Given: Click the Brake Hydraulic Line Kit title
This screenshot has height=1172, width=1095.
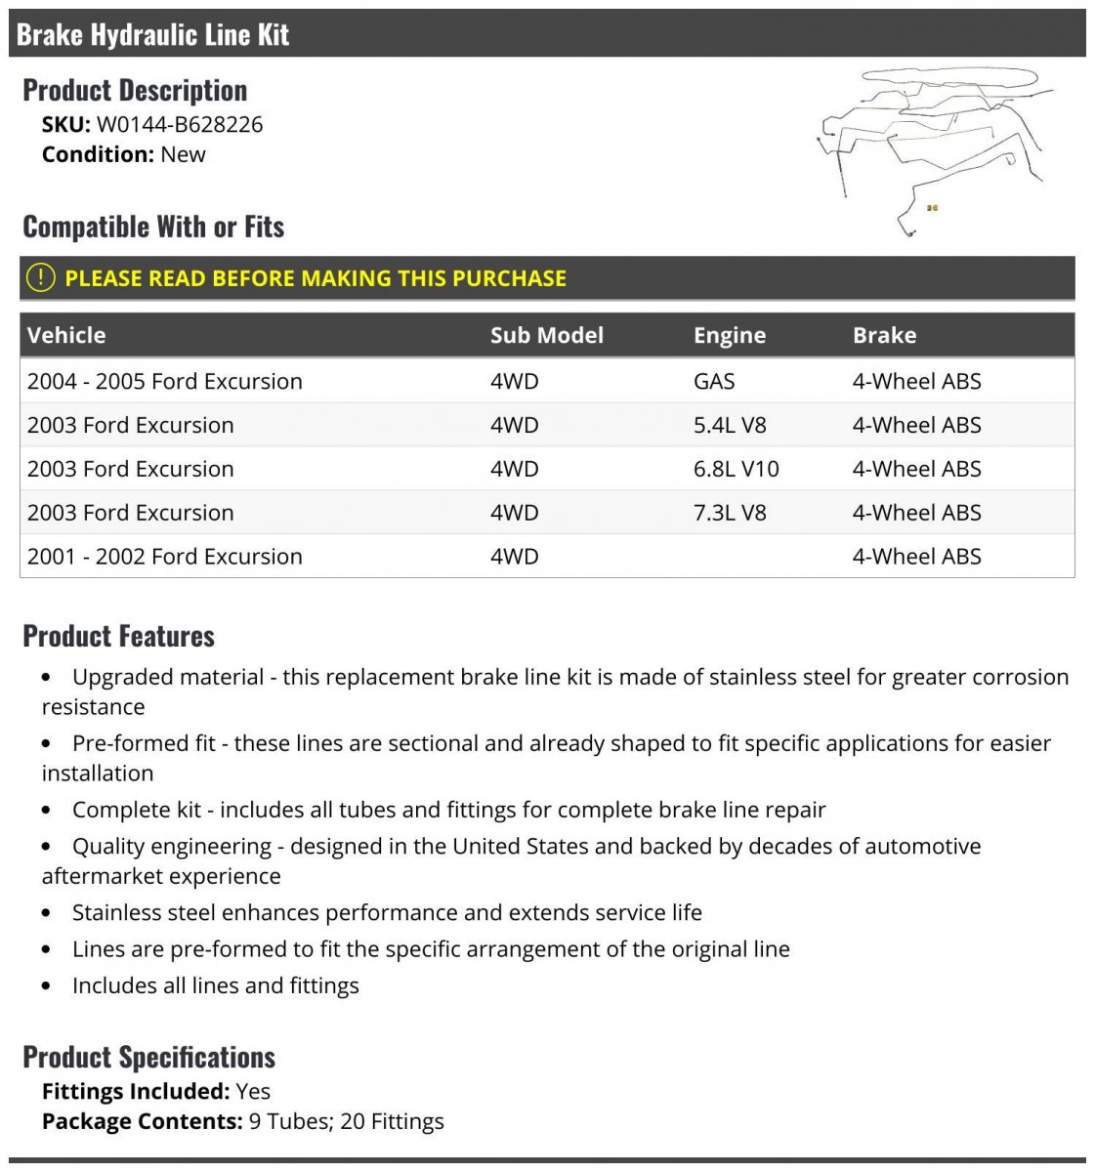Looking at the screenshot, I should pyautogui.click(x=152, y=35).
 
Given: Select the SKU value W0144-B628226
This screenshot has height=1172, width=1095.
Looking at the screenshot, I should pyautogui.click(x=179, y=124).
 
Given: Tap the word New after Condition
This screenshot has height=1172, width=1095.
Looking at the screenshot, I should pyautogui.click(x=183, y=154).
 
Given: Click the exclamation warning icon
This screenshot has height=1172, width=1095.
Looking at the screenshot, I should pyautogui.click(x=40, y=277).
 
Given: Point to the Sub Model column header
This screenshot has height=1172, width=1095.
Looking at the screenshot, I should pyautogui.click(x=546, y=335).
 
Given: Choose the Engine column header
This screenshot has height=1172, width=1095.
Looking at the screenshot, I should pyautogui.click(x=729, y=335).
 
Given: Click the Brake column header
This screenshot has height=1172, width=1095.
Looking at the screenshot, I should pyautogui.click(x=884, y=335).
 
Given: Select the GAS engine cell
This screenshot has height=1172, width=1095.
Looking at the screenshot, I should pyautogui.click(x=714, y=381).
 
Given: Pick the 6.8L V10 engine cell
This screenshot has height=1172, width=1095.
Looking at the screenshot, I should pyautogui.click(x=736, y=469).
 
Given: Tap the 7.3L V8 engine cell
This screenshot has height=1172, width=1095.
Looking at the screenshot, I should pyautogui.click(x=729, y=513).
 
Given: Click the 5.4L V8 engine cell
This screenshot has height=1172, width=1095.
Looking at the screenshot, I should pyautogui.click(x=729, y=425).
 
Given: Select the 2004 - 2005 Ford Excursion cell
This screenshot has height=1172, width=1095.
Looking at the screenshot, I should pyautogui.click(x=164, y=381).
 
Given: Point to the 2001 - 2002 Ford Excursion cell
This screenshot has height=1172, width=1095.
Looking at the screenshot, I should pyautogui.click(x=164, y=557).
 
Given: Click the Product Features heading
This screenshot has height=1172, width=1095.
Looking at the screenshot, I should pyautogui.click(x=118, y=636).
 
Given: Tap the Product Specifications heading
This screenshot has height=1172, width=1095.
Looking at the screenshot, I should pyautogui.click(x=148, y=1057).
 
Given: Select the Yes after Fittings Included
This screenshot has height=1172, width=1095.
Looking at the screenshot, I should pyautogui.click(x=253, y=1091).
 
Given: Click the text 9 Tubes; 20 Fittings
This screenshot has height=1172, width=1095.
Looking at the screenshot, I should pyautogui.click(x=346, y=1121).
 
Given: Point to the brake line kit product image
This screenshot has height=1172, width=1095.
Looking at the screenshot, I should pyautogui.click(x=933, y=146).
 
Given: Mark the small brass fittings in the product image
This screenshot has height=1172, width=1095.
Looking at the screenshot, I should pyautogui.click(x=932, y=208).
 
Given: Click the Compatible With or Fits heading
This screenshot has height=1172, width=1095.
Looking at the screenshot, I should pyautogui.click(x=153, y=227).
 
